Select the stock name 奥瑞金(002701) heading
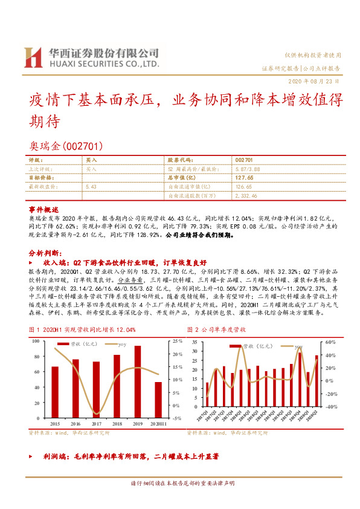pyautogui.click(x=66, y=146)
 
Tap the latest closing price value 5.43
pyautogui.click(x=92, y=187)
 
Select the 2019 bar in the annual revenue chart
pyautogui.click(x=138, y=381)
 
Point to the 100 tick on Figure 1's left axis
pyautogui.click(x=35, y=341)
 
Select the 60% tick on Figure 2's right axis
pyautogui.click(x=331, y=342)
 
